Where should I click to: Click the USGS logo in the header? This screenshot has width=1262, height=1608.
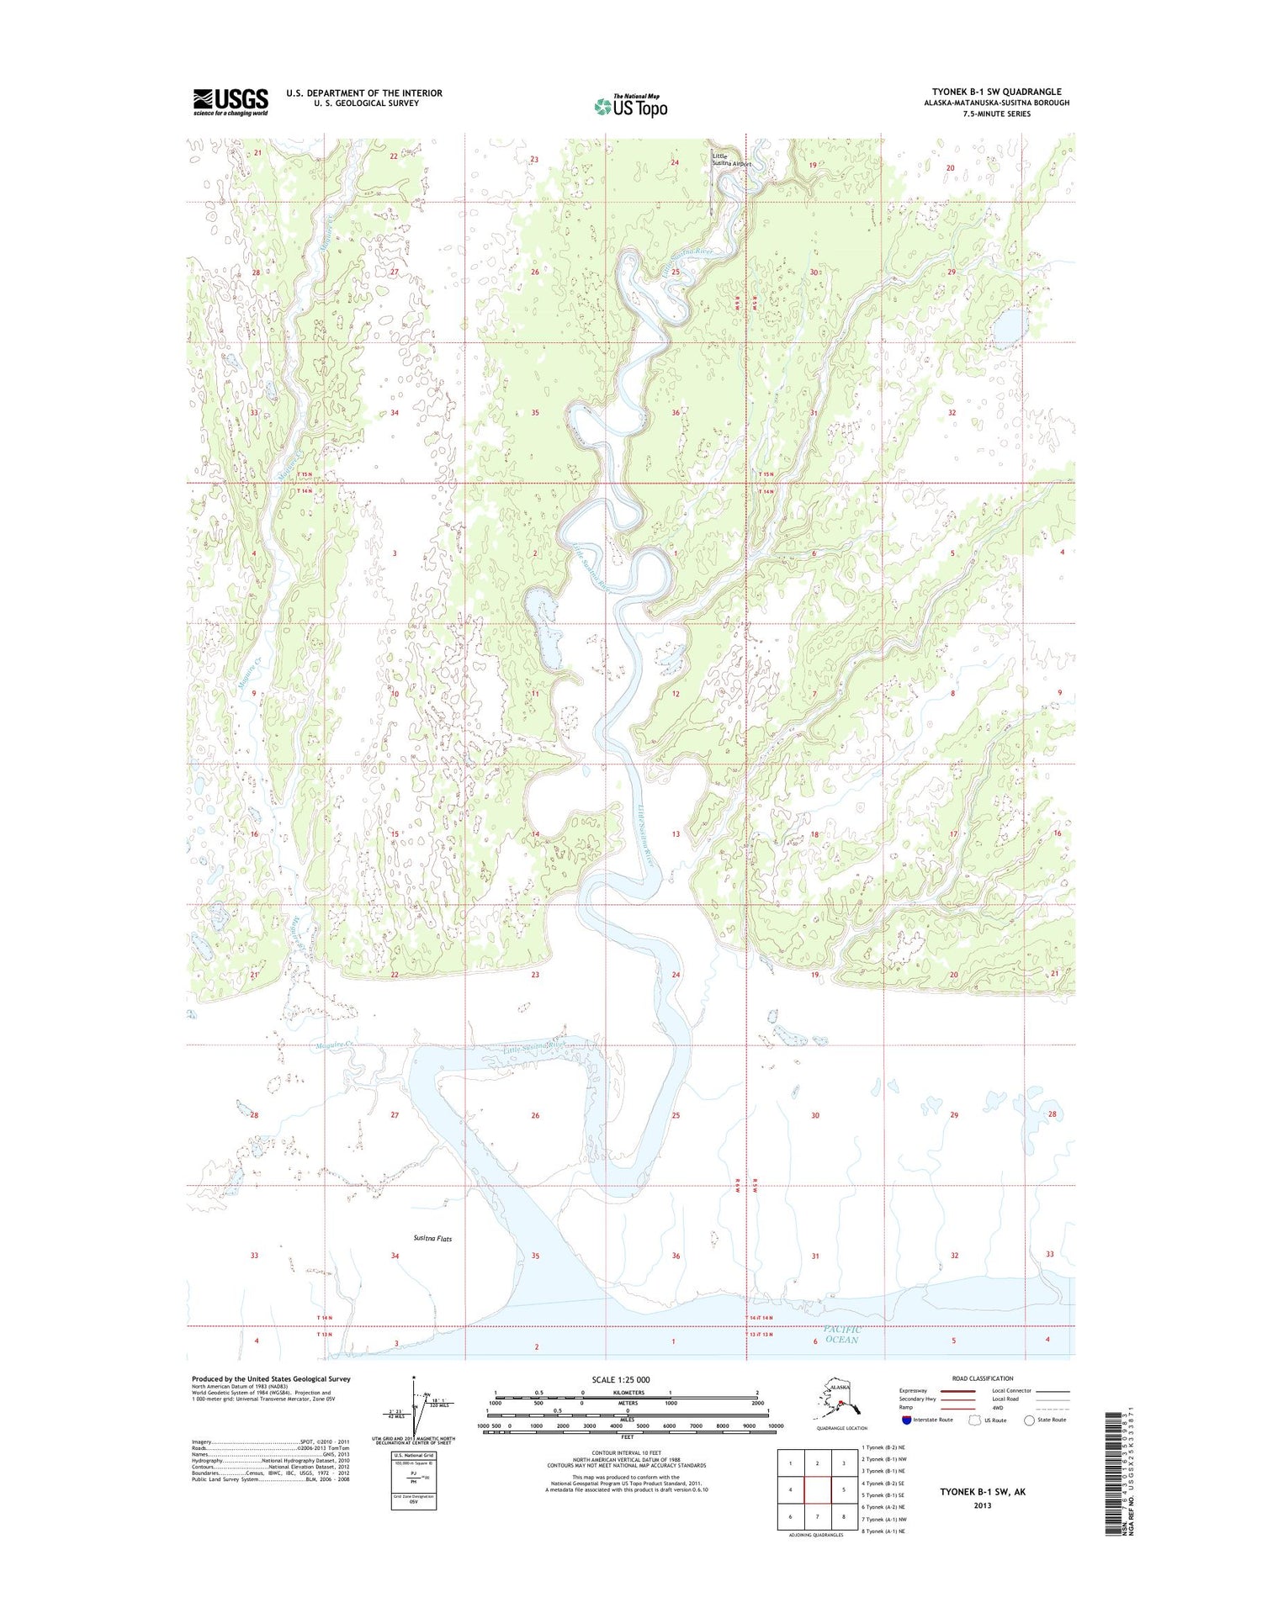pos(231,102)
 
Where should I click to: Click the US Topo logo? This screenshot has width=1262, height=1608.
pos(631,106)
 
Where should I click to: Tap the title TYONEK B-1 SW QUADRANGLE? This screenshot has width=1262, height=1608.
pos(996,92)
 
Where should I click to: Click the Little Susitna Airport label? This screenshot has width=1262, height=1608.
pos(730,160)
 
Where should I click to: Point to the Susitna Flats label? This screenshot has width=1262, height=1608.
pos(432,1239)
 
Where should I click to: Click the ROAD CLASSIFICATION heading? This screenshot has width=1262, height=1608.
pos(982,1378)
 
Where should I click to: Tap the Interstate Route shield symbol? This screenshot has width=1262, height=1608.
pos(906,1420)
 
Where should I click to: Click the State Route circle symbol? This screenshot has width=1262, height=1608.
pos(1029,1420)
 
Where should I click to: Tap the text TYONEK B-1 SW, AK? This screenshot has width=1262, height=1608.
pos(983,1492)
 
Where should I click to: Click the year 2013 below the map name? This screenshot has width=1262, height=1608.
pos(983,1505)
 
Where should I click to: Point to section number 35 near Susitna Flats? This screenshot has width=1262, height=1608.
pos(535,1256)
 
